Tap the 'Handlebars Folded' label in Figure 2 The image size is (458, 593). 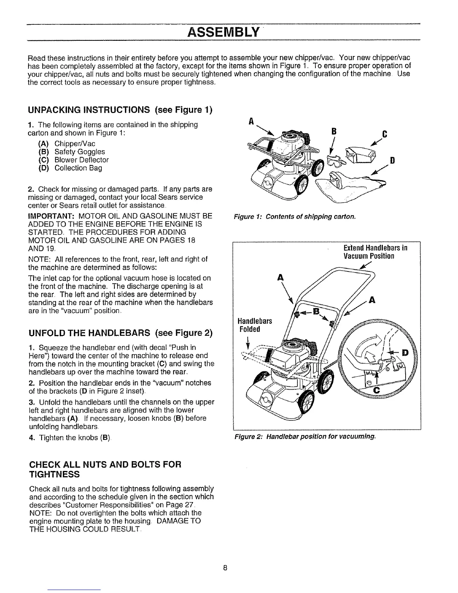coord(254,325)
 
